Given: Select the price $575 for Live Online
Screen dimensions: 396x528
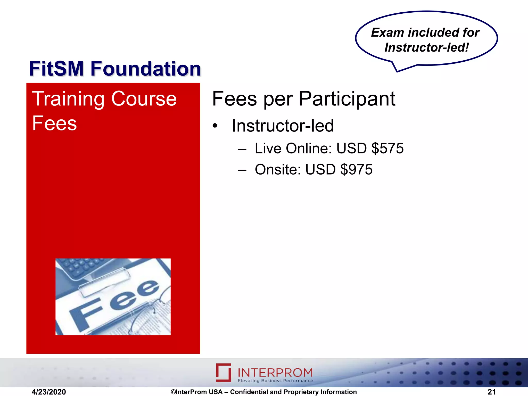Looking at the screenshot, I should point(387,148).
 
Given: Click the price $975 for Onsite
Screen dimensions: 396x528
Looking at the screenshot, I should point(356,169).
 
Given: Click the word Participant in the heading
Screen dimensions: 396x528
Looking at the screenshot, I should point(347,99).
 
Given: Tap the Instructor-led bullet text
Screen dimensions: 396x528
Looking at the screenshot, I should point(283,126).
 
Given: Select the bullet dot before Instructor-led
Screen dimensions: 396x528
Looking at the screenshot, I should point(215,126).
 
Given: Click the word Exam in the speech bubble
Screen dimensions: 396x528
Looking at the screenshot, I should point(387,33).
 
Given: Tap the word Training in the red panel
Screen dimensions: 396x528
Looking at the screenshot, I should point(68,99).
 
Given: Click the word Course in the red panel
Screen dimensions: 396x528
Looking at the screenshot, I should point(144,99).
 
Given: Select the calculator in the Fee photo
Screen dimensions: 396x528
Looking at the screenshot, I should point(80,268).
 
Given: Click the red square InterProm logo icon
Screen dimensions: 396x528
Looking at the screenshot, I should point(223,373).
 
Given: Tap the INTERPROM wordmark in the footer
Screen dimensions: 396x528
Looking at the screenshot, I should point(275,373).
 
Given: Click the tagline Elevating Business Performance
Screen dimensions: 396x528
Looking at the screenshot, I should point(275,381).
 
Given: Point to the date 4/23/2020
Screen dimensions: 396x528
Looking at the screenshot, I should point(49,392).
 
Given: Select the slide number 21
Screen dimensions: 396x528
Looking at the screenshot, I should point(492,392).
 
